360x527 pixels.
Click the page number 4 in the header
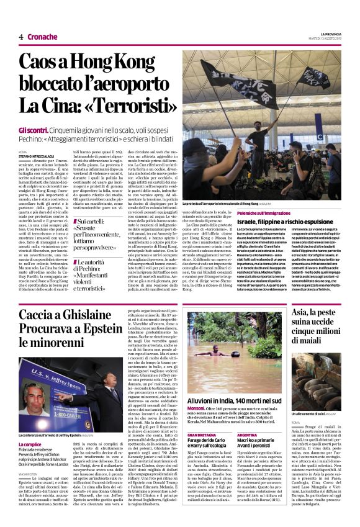pos(20,37)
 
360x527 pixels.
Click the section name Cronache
pos(42,37)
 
